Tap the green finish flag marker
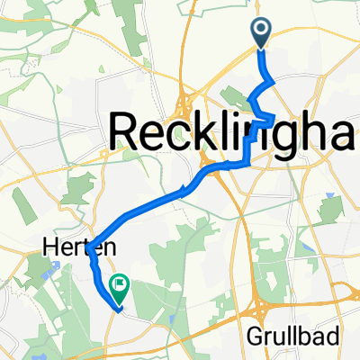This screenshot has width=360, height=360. point(119,287)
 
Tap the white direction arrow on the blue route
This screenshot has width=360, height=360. point(183,189)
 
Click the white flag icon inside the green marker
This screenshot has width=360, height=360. point(119,285)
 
